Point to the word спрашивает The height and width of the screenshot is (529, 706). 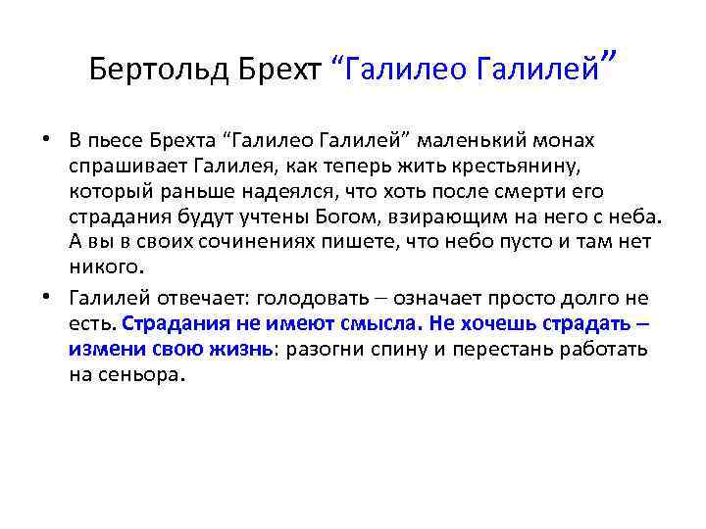coord(121,166)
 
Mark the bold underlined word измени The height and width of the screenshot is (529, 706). coord(101,349)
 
